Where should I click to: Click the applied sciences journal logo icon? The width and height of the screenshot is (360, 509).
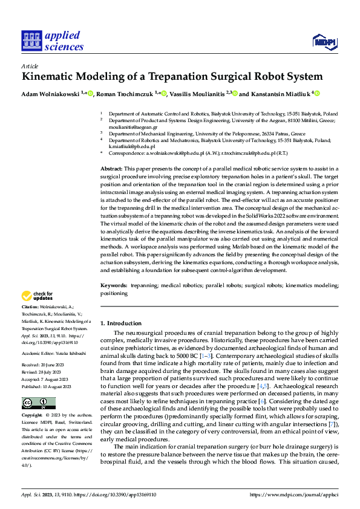click(x=31, y=41)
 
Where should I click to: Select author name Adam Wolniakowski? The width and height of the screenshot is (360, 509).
click(x=50, y=94)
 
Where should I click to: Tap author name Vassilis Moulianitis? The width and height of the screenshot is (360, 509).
click(x=191, y=94)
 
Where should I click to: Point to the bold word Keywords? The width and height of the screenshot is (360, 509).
click(x=114, y=285)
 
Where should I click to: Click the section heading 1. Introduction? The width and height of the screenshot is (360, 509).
click(x=120, y=323)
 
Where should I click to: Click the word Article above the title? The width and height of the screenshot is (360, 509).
click(x=30, y=66)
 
